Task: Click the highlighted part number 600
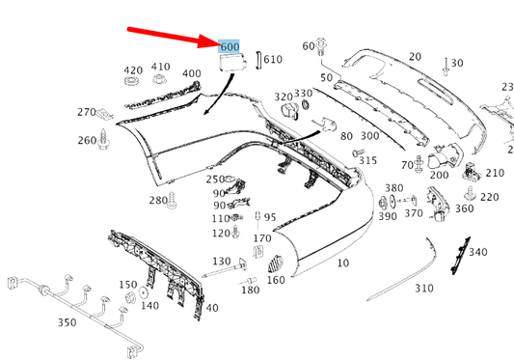[x=230, y=47]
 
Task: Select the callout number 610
[x=273, y=60]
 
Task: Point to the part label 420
[x=133, y=70]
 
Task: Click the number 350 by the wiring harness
[x=67, y=322]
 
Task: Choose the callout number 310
[x=424, y=288]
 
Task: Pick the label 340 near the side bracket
[x=478, y=252]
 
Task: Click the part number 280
[x=157, y=201]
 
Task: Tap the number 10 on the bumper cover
[x=343, y=263]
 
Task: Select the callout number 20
[x=415, y=57]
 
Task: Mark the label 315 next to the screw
[x=368, y=159]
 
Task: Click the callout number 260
[x=88, y=140]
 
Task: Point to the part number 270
[x=87, y=112]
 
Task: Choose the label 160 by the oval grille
[x=276, y=280]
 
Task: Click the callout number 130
[x=222, y=262]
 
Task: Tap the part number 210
[x=495, y=173]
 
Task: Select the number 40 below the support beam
[x=211, y=308]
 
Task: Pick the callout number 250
[x=215, y=180]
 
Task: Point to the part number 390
[x=388, y=216]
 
